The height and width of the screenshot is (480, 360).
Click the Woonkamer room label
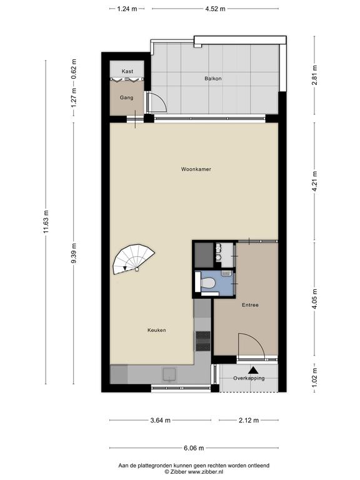point(196,169)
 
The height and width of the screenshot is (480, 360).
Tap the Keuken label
point(157,330)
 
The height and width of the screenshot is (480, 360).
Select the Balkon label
point(213,78)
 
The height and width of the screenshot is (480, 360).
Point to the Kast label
point(127,71)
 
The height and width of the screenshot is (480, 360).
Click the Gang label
point(126,97)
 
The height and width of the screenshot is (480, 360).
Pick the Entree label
point(250,305)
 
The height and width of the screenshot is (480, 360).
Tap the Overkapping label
point(249,378)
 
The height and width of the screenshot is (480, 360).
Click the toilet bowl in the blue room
point(208,282)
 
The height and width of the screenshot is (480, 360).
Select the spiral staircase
point(134,259)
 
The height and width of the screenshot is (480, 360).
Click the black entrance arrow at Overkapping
point(253,370)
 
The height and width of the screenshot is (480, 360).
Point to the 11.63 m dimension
point(46,222)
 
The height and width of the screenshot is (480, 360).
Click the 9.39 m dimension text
point(74,253)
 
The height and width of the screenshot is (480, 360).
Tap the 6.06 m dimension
point(194,448)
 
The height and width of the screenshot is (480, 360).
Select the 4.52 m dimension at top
point(215,9)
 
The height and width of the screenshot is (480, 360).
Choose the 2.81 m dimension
point(315,75)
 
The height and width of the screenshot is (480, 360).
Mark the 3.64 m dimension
point(161,420)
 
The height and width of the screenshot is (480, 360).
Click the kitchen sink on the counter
point(169,374)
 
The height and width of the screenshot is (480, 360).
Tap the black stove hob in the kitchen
point(203,341)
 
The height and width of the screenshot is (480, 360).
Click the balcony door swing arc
point(161,101)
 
